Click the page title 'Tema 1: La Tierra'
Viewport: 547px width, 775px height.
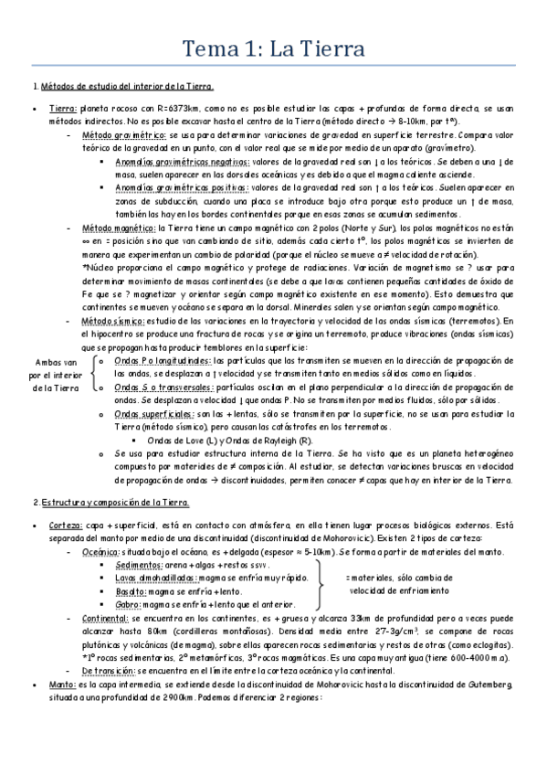click(273, 47)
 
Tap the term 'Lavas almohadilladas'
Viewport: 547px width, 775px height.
click(154, 578)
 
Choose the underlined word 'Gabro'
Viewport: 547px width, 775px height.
click(126, 604)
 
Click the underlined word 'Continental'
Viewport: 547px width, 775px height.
click(107, 619)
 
